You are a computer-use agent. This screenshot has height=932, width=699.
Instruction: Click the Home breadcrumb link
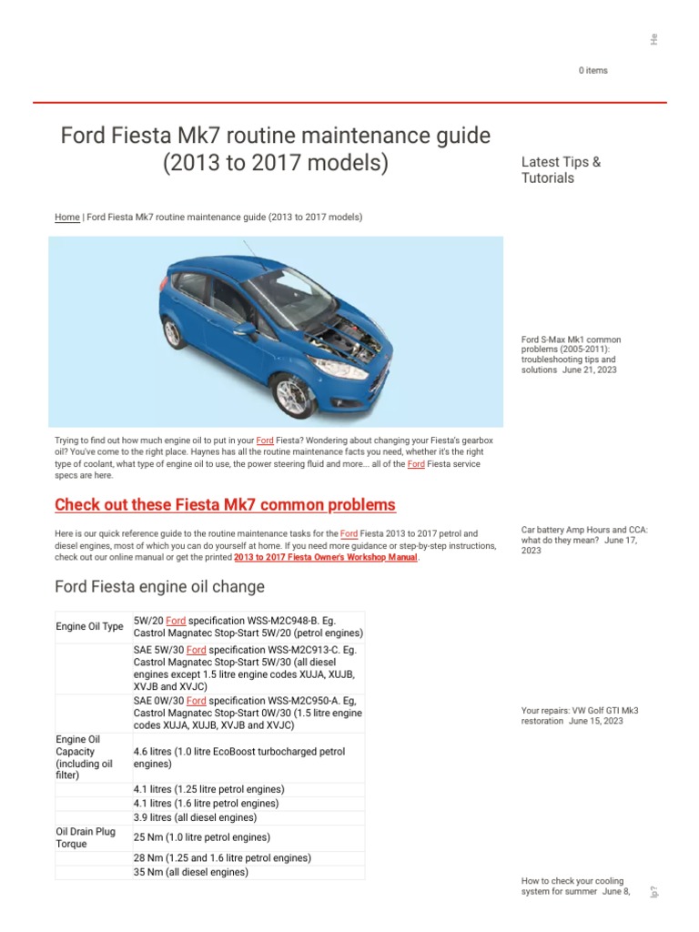pyautogui.click(x=66, y=218)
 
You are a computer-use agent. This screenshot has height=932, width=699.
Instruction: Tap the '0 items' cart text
pyautogui.click(x=593, y=70)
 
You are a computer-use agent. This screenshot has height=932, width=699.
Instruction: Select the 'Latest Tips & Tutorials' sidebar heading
pyautogui.click(x=561, y=170)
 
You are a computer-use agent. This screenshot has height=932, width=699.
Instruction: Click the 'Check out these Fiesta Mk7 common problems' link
pyautogui.click(x=225, y=504)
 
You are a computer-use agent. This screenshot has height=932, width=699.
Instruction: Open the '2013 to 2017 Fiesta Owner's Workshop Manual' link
pyautogui.click(x=325, y=557)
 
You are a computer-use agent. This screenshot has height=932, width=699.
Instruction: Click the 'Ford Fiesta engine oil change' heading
pyautogui.click(x=159, y=586)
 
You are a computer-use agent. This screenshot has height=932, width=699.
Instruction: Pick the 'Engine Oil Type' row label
pyautogui.click(x=89, y=626)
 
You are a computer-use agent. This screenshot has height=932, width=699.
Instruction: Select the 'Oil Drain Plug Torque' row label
pyautogui.click(x=86, y=837)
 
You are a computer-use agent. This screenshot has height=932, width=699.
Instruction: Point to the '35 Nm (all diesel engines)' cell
pyautogui.click(x=190, y=872)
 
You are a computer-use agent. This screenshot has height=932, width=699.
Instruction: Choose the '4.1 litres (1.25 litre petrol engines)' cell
pyautogui.click(x=208, y=789)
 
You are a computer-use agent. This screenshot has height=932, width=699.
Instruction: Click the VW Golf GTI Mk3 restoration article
pyautogui.click(x=572, y=715)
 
